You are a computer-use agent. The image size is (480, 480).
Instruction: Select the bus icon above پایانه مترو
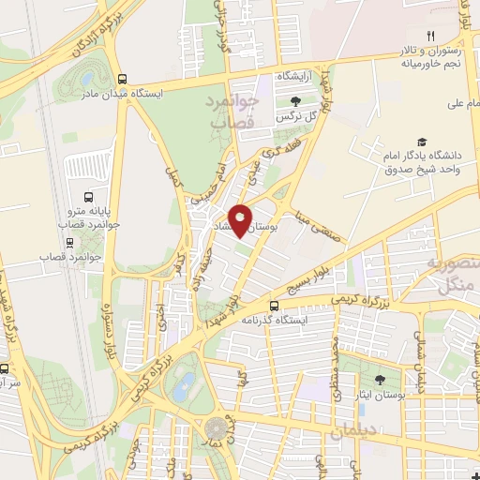pyautogui.click(x=88, y=198)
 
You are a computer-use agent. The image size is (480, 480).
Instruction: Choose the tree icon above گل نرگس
pyautogui.click(x=296, y=101)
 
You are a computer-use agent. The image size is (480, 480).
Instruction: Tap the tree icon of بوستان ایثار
pyautogui.click(x=380, y=380)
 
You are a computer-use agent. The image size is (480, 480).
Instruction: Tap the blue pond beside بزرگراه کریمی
pyautogui.click(x=187, y=384)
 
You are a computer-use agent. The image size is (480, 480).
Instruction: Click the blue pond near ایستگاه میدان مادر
pyautogui.click(x=87, y=78)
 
